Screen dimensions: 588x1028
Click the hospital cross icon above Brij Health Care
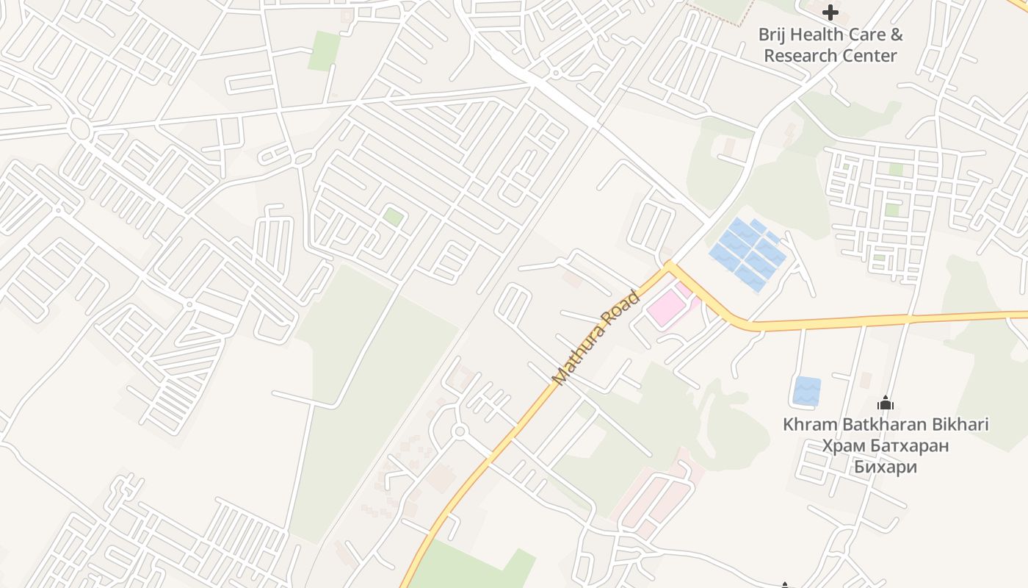click(830, 12)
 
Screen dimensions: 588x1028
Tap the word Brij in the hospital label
click(772, 35)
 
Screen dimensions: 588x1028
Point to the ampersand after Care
click(895, 35)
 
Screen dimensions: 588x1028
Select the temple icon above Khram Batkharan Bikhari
click(886, 403)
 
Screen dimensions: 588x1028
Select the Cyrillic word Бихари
click(885, 467)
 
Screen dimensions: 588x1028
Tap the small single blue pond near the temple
click(806, 391)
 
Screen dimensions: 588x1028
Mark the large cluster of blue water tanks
click(748, 253)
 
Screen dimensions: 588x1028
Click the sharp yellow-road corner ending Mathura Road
click(668, 265)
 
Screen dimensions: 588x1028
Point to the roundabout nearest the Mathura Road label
click(460, 431)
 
